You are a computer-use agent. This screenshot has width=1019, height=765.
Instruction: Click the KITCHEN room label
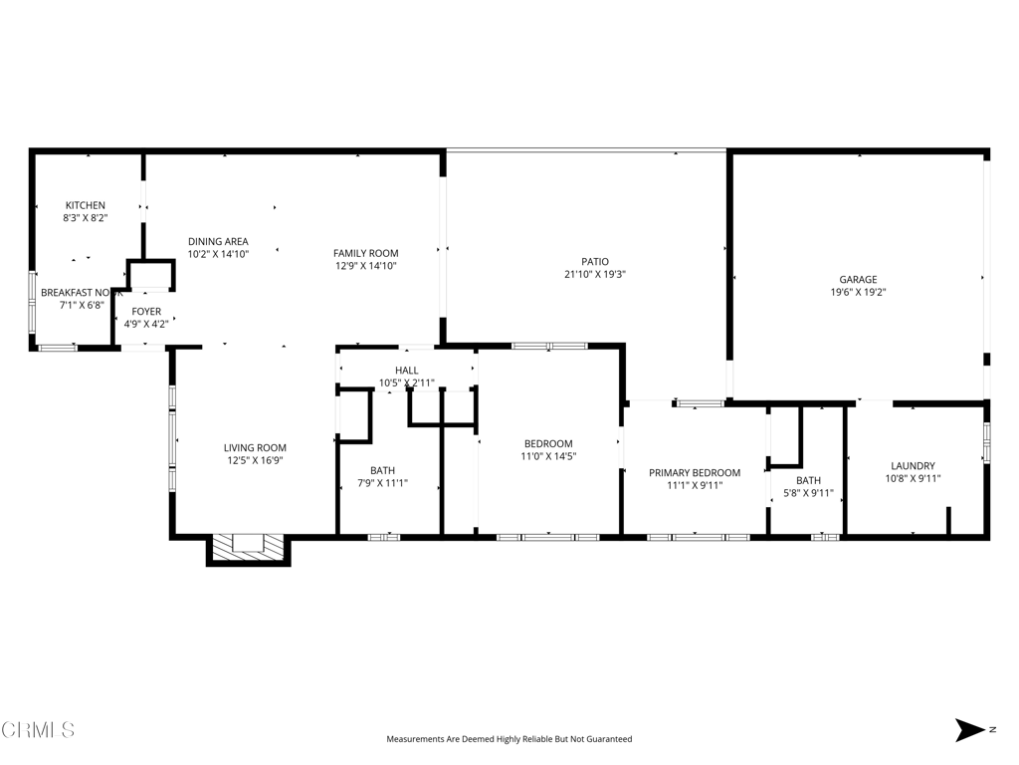pyautogui.click(x=86, y=205)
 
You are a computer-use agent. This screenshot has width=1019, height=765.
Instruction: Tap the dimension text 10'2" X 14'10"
pyautogui.click(x=218, y=254)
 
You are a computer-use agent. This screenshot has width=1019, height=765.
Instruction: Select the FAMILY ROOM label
pyautogui.click(x=365, y=253)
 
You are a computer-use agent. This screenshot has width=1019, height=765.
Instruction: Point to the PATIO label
pyautogui.click(x=595, y=261)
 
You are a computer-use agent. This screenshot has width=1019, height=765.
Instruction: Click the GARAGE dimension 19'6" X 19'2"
pyautogui.click(x=858, y=293)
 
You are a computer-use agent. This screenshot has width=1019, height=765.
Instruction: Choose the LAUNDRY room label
pyautogui.click(x=913, y=465)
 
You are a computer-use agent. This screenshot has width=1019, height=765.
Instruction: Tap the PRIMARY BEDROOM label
pyautogui.click(x=695, y=472)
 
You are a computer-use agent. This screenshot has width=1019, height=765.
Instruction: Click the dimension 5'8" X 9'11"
pyautogui.click(x=808, y=493)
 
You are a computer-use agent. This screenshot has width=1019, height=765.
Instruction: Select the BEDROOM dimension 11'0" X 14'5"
pyautogui.click(x=548, y=456)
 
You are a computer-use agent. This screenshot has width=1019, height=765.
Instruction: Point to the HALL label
pyautogui.click(x=406, y=371)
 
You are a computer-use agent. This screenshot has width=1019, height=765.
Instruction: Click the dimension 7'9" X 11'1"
pyautogui.click(x=382, y=483)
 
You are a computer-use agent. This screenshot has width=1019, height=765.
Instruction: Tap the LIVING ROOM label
pyautogui.click(x=255, y=448)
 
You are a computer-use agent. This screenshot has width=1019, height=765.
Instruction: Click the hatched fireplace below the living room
pyautogui.click(x=248, y=547)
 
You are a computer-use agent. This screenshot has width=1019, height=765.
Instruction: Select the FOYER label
pyautogui.click(x=146, y=312)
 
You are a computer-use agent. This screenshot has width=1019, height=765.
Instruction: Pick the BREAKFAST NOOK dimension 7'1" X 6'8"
pyautogui.click(x=81, y=305)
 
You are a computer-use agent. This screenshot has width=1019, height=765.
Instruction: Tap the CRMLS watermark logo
pyautogui.click(x=38, y=730)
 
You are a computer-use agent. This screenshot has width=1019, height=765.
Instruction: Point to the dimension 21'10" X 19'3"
pyautogui.click(x=595, y=274)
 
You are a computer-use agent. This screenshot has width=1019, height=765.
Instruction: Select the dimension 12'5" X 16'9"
pyautogui.click(x=255, y=460)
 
